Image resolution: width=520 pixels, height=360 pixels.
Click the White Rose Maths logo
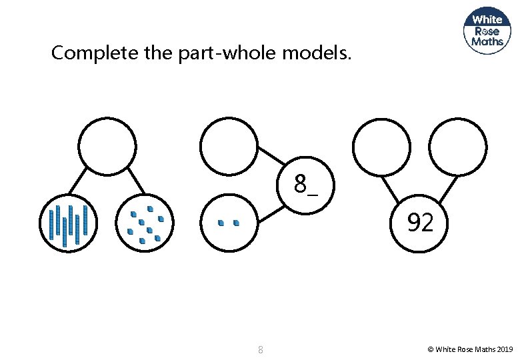click(487, 30)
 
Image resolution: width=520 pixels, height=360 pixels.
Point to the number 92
click(420, 223)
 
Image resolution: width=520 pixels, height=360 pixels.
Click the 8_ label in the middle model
click(306, 185)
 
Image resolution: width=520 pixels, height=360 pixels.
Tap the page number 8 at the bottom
click(260, 349)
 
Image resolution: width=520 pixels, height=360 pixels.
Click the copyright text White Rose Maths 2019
click(470, 349)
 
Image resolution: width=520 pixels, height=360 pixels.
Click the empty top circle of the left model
click(107, 146)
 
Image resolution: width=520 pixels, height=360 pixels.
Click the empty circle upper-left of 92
click(381, 146)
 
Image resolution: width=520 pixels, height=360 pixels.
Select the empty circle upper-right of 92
click(458, 146)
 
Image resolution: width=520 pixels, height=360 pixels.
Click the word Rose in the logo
click(487, 30)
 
